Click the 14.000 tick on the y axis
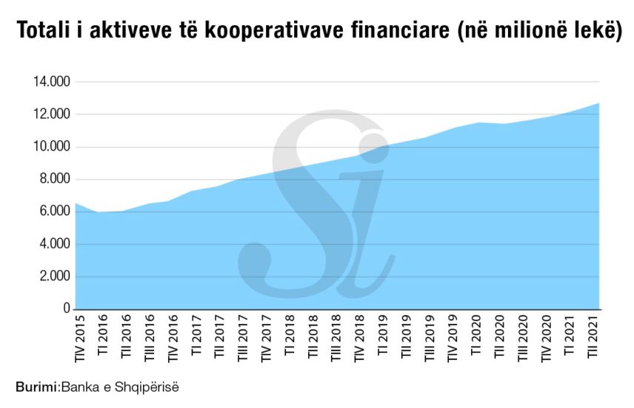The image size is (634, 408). (50, 82)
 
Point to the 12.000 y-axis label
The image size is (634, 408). (50, 114)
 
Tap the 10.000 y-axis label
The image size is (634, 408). (50, 147)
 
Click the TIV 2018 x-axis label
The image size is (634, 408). (359, 338)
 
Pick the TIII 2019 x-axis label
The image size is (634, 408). (429, 339)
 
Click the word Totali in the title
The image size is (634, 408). (41, 32)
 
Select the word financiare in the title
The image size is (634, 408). (401, 32)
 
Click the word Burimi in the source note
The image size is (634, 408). (36, 386)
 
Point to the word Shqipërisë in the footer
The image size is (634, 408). (152, 387)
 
